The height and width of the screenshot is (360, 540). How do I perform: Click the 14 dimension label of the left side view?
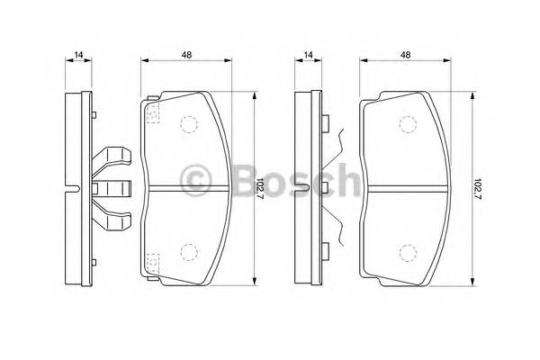[79, 56]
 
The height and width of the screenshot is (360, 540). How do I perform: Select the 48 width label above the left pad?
[186, 56]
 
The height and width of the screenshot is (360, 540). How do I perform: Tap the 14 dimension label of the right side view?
[309, 56]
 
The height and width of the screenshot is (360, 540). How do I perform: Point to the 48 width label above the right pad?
[406, 56]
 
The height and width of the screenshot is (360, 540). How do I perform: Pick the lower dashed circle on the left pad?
[189, 251]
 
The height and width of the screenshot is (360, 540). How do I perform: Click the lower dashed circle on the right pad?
[407, 251]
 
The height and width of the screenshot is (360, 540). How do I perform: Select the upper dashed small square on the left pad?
[152, 112]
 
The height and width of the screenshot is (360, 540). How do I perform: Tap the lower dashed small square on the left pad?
[152, 263]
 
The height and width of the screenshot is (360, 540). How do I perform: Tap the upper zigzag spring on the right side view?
[335, 144]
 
